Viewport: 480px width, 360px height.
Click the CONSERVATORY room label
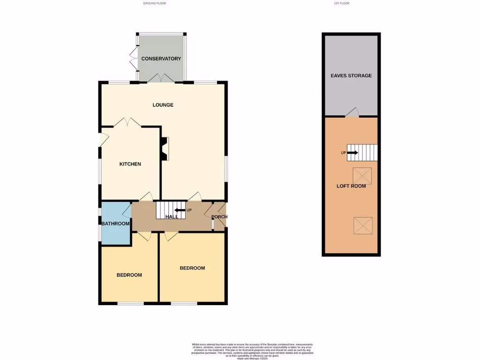pyautogui.click(x=161, y=59)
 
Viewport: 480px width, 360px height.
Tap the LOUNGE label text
pyautogui.click(x=163, y=105)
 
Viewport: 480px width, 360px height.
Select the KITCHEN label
pyautogui.click(x=130, y=164)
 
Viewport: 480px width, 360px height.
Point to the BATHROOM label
pyautogui.click(x=115, y=224)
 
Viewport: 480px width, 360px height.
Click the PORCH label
pyautogui.click(x=219, y=217)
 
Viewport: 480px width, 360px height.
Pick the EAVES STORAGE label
pyautogui.click(x=351, y=75)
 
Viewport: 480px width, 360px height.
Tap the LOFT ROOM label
pyautogui.click(x=351, y=186)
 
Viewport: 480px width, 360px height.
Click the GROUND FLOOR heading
pyautogui.click(x=155, y=3)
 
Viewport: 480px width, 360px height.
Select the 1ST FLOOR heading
pyautogui.click(x=341, y=3)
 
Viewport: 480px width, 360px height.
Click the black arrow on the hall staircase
pyautogui.click(x=180, y=210)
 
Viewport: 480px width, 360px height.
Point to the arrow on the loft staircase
pyautogui.click(x=353, y=153)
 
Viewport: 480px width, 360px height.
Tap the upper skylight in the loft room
pyautogui.click(x=362, y=176)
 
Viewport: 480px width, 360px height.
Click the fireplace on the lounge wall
pyautogui.click(x=165, y=149)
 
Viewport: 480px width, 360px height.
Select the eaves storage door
pyautogui.click(x=352, y=112)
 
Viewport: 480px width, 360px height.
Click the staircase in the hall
pyautogui.click(x=168, y=210)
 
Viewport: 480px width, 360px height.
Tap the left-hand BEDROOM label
pyautogui.click(x=129, y=275)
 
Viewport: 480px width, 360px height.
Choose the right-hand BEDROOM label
pyautogui.click(x=192, y=268)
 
